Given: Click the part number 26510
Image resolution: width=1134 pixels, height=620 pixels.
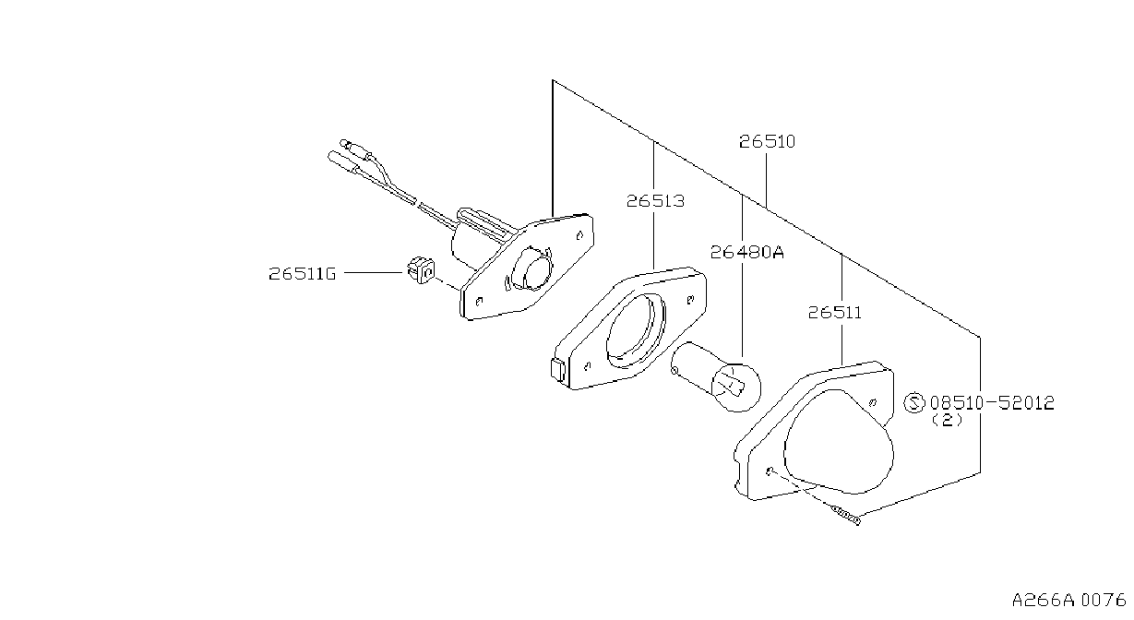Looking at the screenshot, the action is (x=767, y=141).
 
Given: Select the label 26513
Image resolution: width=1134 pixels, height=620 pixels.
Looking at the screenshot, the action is (x=655, y=201).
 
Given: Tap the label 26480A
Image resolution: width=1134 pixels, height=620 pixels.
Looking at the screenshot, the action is (x=746, y=252).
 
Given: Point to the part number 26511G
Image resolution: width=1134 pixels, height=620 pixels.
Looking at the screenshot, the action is (x=303, y=274).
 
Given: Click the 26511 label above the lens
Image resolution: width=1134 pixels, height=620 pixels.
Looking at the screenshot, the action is (x=834, y=312).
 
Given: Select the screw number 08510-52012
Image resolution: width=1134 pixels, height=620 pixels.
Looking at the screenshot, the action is (x=992, y=403).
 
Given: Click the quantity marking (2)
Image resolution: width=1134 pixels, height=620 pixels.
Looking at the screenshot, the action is (x=947, y=420).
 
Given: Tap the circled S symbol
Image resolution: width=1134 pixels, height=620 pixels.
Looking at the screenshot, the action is (x=914, y=403).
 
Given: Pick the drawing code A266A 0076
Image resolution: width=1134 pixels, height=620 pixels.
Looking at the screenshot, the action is (x=1068, y=601).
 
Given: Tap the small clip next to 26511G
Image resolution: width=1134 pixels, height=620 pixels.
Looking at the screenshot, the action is (x=421, y=269).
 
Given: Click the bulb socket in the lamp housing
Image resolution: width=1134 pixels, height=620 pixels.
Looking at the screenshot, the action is (x=531, y=268).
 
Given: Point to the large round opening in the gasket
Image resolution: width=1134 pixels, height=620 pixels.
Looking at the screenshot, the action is (x=636, y=330).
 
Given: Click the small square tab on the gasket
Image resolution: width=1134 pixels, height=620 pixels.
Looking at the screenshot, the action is (x=557, y=369).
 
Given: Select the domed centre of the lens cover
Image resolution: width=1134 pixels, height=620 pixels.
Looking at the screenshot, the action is (x=839, y=441).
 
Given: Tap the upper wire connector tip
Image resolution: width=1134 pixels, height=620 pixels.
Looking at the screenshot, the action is (x=345, y=143).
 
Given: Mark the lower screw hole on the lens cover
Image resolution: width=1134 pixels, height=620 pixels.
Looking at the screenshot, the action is (x=769, y=471).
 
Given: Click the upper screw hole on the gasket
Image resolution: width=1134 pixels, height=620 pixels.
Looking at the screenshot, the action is (x=690, y=300).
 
